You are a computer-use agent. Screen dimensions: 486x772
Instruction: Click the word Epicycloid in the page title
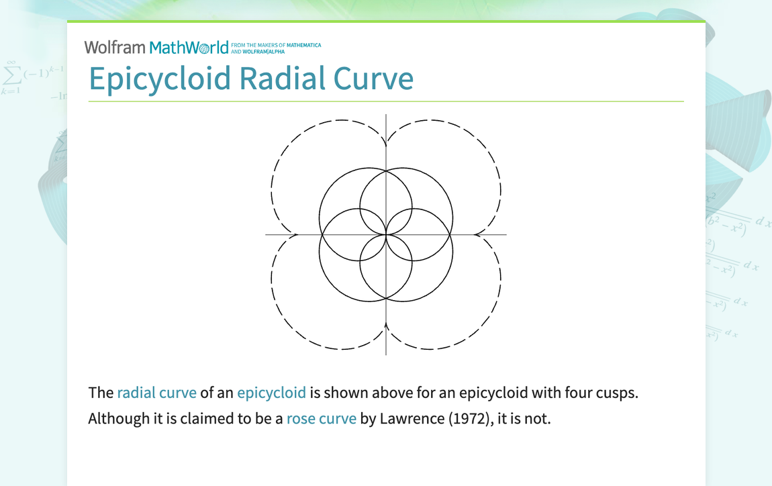point(160,79)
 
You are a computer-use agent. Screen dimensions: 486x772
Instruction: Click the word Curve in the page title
point(374,79)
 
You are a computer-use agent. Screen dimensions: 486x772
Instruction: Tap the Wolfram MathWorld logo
point(156,48)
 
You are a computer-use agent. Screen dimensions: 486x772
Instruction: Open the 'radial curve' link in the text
point(156,393)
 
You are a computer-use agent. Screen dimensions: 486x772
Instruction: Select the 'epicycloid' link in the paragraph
point(271,393)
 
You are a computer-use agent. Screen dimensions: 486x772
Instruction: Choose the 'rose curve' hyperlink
point(321,419)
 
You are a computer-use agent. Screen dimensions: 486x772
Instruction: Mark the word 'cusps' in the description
point(616,393)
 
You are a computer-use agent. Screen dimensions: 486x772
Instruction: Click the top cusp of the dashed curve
point(386,143)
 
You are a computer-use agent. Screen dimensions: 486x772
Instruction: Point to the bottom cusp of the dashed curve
point(386,326)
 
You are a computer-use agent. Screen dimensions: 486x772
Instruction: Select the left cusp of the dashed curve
point(295,234)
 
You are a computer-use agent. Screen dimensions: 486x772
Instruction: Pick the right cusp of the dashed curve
point(477,234)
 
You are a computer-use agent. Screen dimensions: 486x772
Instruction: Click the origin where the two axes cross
point(386,234)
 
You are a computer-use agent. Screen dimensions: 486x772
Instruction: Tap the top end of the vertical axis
point(386,115)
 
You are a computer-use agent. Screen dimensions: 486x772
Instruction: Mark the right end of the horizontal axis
point(505,234)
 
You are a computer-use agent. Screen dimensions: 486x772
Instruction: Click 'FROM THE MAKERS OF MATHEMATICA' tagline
point(276,46)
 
